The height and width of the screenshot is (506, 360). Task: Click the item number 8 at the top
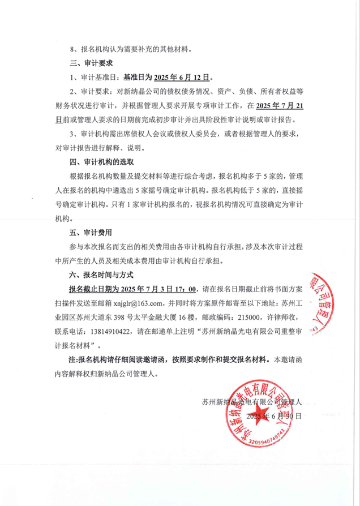71,49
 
